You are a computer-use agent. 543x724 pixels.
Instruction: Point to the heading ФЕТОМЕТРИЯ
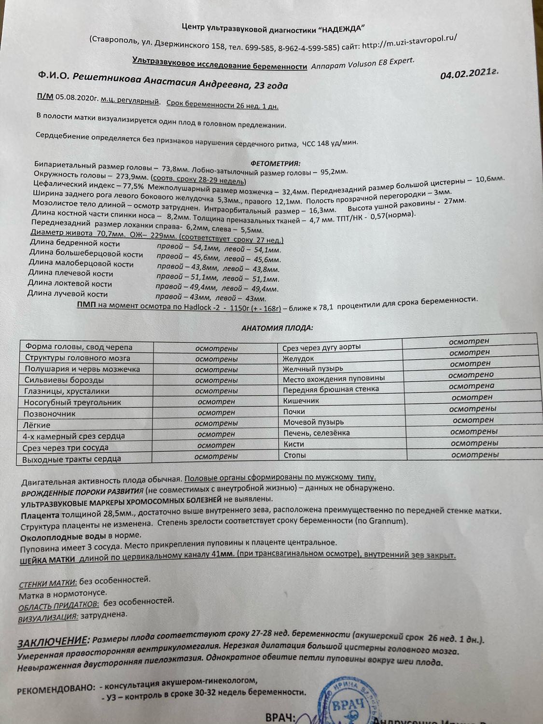[x=276, y=163]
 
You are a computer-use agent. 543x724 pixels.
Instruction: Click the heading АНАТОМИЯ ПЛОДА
[x=277, y=328]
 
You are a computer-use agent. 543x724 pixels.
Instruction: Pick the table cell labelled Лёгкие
[x=37, y=425]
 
